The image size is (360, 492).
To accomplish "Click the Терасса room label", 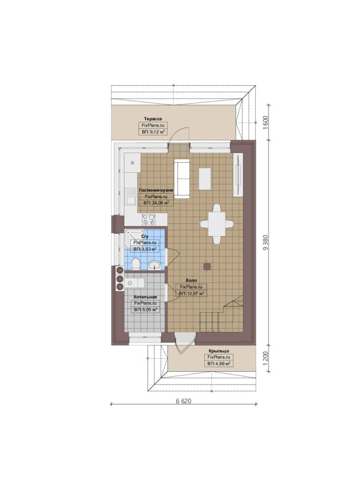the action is (153, 118).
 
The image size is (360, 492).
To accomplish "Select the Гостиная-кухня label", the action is (156, 190).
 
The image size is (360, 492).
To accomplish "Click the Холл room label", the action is (191, 280).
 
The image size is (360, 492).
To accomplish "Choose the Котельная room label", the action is (145, 297).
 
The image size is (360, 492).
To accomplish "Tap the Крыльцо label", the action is (219, 351).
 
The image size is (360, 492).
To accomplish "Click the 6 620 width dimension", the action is (183, 401).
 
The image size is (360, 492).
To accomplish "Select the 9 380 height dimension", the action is (266, 242).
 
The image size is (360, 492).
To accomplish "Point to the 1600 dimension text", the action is (266, 123).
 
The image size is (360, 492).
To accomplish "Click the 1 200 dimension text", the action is (266, 359).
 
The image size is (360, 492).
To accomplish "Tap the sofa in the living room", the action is (182, 179).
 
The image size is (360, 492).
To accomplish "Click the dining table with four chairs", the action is (217, 224).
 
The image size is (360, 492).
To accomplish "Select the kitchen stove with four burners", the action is (149, 219).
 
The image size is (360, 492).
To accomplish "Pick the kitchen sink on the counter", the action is (129, 196).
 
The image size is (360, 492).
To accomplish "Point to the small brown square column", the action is (207, 266).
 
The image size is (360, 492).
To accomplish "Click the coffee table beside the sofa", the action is (205, 179).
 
